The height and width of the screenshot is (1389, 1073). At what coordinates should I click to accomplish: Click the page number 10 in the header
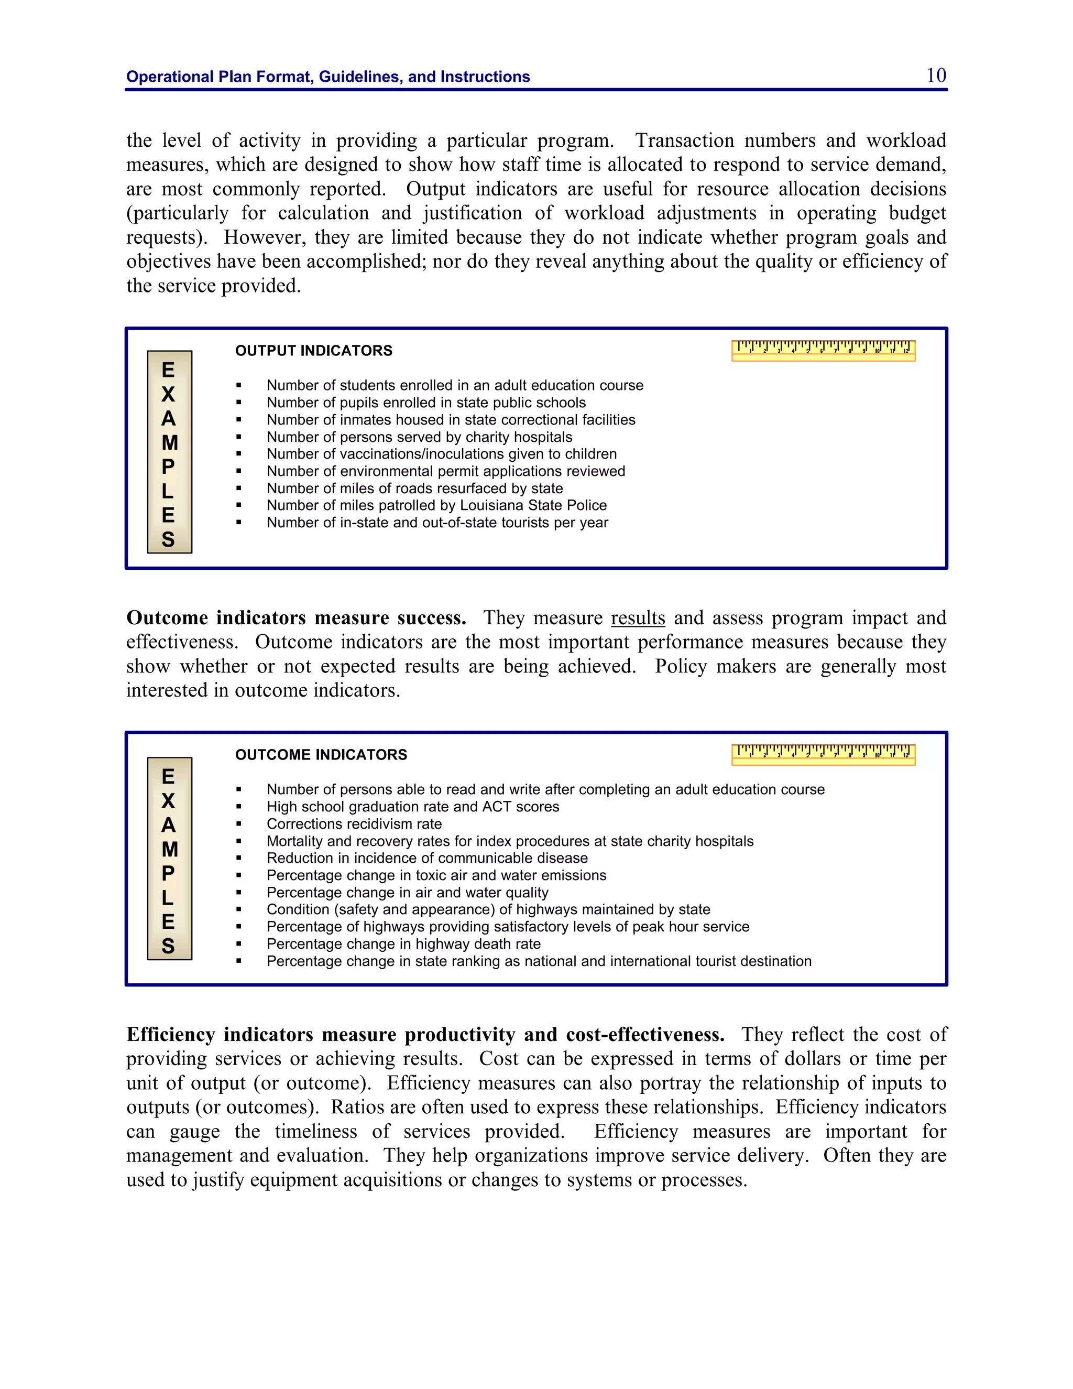point(936,75)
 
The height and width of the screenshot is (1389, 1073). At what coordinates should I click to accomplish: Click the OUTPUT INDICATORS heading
point(313,351)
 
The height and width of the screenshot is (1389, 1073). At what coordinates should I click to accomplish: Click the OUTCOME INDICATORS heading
point(321,754)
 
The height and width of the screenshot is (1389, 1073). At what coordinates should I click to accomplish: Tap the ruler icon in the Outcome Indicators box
point(823,754)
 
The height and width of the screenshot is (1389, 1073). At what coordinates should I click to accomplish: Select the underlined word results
point(638,617)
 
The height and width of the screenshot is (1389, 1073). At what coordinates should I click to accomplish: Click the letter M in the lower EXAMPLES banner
point(169,849)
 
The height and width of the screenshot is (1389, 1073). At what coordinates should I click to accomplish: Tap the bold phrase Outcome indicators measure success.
point(296,617)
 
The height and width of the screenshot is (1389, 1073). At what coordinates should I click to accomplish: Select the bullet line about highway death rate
point(403,944)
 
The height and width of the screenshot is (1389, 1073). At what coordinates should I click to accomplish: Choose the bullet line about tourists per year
point(437,522)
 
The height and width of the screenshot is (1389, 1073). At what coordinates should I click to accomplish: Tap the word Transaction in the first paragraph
point(685,140)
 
